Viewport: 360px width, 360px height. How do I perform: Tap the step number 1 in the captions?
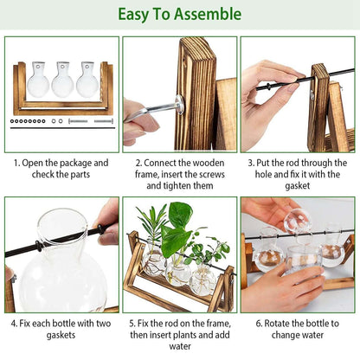tap(16, 162)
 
